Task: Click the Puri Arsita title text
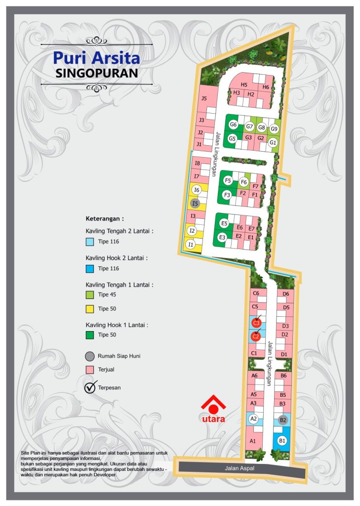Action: point(97,58)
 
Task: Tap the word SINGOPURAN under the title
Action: point(97,73)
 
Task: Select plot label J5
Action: point(204,98)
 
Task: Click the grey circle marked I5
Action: point(195,203)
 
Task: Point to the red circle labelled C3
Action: point(256,323)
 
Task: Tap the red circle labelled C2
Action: point(255,337)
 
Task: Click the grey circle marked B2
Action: point(283,421)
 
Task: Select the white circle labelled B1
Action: point(282,440)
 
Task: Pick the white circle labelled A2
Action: point(253,419)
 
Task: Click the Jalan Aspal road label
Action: point(240,468)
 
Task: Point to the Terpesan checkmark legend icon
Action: point(90,387)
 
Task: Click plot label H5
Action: point(244,85)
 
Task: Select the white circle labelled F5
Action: point(228,180)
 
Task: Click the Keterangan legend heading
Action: point(105,218)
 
